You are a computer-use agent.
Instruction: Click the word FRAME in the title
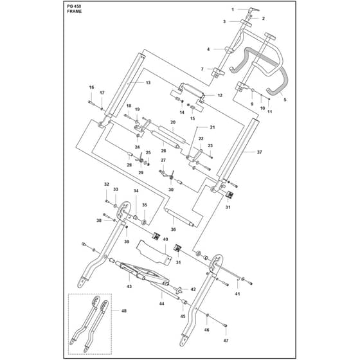coord(75,12)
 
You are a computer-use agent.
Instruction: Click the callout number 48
coord(123,311)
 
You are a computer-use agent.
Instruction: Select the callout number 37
coord(260,152)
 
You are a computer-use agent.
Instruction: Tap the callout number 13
coord(148,82)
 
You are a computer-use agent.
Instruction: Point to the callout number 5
coord(285,100)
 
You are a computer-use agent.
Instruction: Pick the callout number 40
coord(165,239)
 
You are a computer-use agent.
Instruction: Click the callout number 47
coord(226,341)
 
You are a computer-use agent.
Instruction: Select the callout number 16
coord(91,87)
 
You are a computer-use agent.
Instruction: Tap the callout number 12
coord(220,95)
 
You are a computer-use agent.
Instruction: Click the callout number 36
coord(174,230)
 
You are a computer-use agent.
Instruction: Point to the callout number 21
coord(213,127)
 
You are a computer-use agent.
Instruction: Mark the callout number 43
coord(129,286)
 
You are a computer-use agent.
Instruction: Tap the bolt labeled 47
coord(225,325)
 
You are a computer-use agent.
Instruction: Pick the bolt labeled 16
coord(91,103)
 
